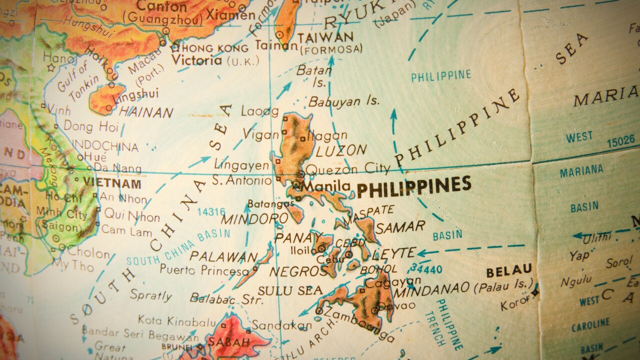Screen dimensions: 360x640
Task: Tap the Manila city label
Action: click(x=326, y=186)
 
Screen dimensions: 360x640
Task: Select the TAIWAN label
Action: click(x=325, y=37)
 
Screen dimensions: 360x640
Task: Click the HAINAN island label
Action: click(x=146, y=111)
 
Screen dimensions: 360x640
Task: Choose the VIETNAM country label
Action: click(x=112, y=182)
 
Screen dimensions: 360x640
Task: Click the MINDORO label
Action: click(x=254, y=218)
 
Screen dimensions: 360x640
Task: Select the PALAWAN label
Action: click(x=223, y=256)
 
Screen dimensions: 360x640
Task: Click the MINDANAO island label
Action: click(x=431, y=289)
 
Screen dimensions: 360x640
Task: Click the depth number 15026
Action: click(x=620, y=142)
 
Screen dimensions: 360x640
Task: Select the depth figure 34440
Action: click(x=428, y=270)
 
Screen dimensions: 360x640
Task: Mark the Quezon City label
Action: click(x=347, y=168)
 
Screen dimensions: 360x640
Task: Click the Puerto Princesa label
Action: click(x=204, y=270)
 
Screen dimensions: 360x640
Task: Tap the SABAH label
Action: click(x=229, y=342)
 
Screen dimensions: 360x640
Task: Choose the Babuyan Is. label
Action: click(x=343, y=101)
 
